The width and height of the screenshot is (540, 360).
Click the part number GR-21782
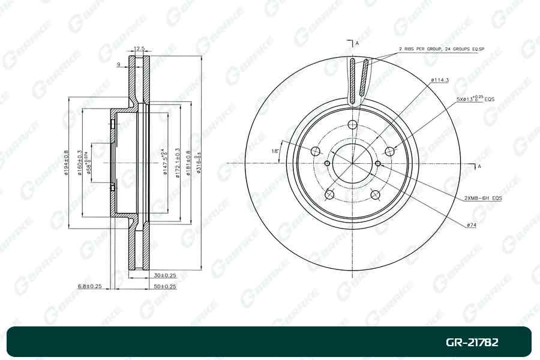tap(472, 343)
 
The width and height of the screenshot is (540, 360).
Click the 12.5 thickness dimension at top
tap(139, 49)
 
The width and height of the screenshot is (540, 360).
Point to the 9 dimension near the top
tap(119, 64)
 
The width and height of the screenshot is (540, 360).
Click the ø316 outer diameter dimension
tap(197, 162)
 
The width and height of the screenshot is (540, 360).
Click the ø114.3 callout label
tap(440, 80)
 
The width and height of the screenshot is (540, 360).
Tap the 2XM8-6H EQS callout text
tap(482, 197)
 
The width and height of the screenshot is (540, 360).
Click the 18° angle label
tap(275, 151)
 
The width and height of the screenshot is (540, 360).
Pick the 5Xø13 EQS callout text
tap(475, 97)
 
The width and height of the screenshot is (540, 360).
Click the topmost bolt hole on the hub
tap(352, 125)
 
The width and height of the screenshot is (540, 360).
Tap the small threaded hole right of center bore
tap(377, 163)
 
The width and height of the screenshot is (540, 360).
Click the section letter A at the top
tap(356, 43)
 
